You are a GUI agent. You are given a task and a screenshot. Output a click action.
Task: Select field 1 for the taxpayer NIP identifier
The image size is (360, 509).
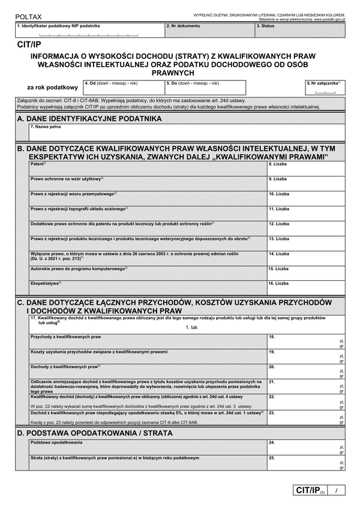tap(89, 31)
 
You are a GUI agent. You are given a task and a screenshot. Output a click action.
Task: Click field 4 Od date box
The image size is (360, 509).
tap(122, 88)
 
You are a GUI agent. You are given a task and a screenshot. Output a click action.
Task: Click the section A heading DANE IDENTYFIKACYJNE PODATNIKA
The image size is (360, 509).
tap(90, 119)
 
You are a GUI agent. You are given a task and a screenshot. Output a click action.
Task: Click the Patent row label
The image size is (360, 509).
tap(38, 163)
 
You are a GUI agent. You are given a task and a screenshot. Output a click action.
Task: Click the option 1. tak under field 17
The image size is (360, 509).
tap(192, 327)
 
